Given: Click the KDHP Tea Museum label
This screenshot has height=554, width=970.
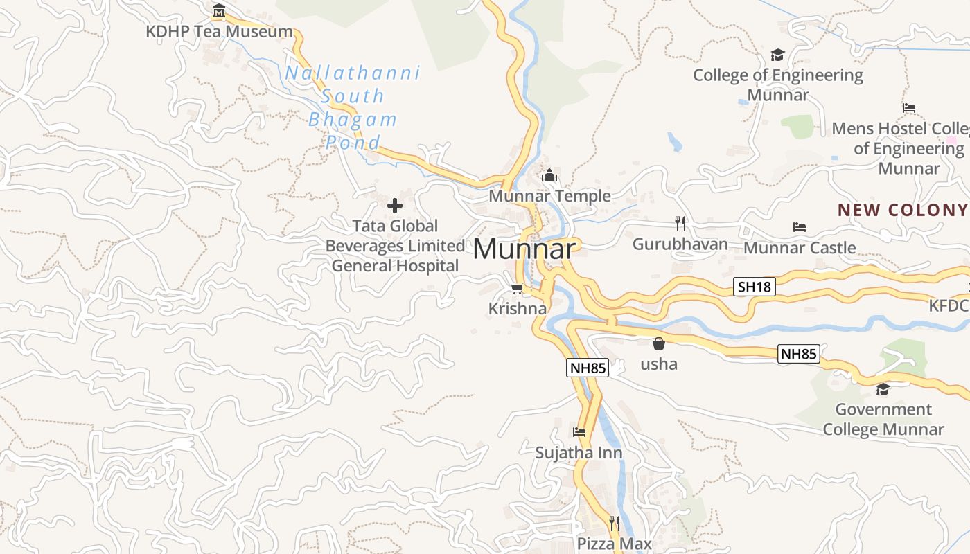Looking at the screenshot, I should [219, 32].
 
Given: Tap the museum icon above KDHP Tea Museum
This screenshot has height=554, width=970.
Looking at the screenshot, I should [219, 11].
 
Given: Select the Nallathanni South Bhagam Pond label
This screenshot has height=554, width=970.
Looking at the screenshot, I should [353, 107].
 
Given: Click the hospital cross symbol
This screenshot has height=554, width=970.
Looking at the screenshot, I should [395, 205].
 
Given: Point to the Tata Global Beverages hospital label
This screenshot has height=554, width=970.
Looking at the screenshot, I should [395, 246].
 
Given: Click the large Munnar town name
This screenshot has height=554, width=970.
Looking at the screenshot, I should [524, 249].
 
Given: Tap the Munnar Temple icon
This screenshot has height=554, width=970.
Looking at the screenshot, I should [550, 176].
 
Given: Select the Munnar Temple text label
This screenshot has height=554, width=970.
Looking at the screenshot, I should [550, 196].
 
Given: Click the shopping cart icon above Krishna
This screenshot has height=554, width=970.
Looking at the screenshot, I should [517, 288].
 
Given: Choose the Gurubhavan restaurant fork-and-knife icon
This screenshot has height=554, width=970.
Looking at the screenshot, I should [680, 223].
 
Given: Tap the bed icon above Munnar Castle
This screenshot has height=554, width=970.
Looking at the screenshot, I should [800, 227].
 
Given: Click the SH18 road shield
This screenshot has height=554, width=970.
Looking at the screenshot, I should [754, 287].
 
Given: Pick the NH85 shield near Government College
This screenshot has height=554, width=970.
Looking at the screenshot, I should [799, 354].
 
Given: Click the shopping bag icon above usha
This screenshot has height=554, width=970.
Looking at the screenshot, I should [659, 343].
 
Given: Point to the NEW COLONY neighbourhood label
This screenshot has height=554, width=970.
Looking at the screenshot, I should [902, 210].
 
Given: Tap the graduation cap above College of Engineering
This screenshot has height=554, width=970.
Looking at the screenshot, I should [778, 55].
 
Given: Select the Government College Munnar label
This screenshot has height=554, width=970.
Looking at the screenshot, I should [883, 419].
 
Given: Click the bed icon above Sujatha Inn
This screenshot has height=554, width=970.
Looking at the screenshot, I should [579, 432].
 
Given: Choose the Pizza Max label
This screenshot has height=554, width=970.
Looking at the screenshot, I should [615, 544].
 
